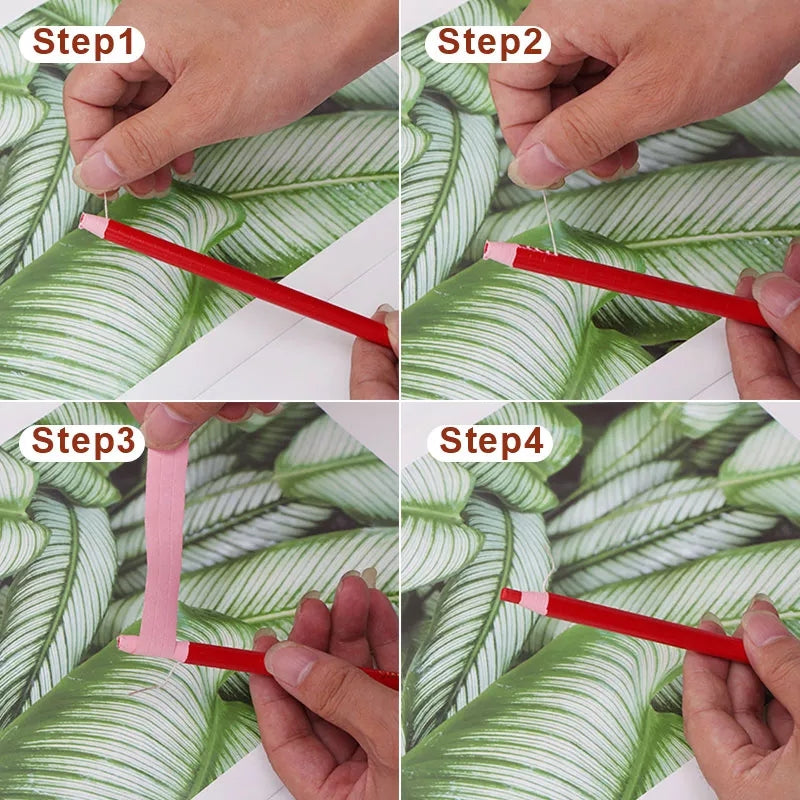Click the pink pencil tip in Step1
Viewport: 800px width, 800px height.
(x=93, y=225)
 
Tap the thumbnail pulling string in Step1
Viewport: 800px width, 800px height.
(x=100, y=172)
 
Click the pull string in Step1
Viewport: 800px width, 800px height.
(x=104, y=205)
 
